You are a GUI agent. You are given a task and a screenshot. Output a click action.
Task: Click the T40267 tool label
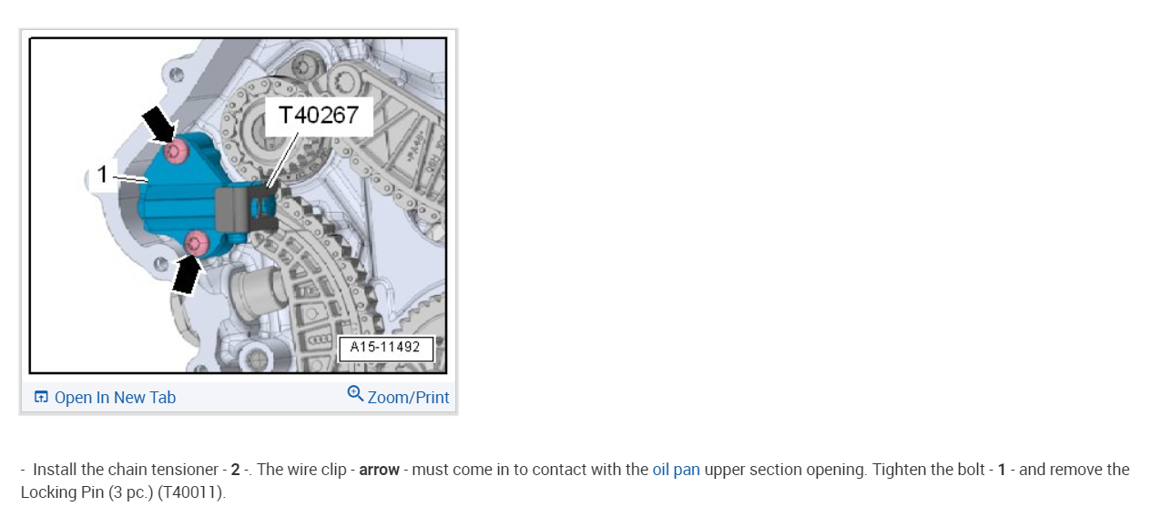(318, 115)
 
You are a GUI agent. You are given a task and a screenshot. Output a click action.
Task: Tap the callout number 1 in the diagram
(103, 174)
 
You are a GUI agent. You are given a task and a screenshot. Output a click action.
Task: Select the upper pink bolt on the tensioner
(177, 151)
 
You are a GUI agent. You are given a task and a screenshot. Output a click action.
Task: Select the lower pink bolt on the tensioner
(197, 243)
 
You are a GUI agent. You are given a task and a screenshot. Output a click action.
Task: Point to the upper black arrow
(159, 124)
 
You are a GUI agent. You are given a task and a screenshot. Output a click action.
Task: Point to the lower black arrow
(187, 275)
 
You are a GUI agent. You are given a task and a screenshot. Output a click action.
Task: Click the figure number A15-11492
(385, 347)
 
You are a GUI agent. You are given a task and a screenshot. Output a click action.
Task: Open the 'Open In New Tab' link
(115, 398)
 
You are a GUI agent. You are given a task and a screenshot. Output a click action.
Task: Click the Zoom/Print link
(408, 398)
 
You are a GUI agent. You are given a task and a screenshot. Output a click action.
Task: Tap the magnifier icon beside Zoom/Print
(355, 394)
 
